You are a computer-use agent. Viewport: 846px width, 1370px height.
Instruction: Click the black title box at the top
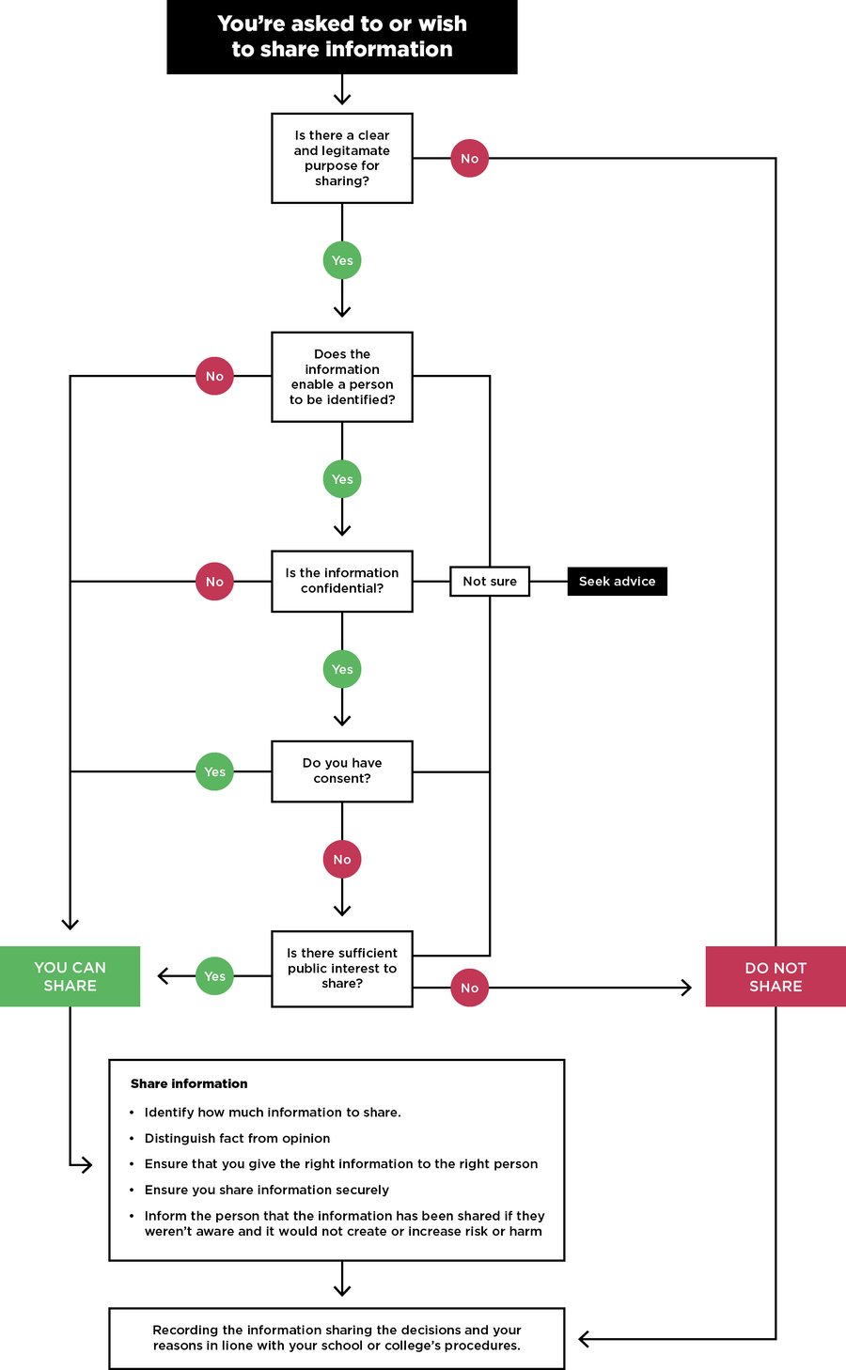[x=342, y=37]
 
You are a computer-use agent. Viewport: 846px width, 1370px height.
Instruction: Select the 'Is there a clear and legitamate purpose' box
[x=342, y=158]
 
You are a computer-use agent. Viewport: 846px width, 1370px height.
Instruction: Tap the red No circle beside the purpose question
[x=469, y=159]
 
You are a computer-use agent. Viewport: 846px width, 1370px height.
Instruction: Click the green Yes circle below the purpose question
[x=342, y=260]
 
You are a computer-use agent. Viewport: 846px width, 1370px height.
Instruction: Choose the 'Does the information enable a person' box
[x=342, y=377]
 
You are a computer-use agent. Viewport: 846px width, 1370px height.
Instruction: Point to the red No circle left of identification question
[x=214, y=377]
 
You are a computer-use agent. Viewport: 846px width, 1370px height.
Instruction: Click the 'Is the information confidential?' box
[x=342, y=581]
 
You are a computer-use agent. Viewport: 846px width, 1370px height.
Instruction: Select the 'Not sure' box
[x=490, y=582]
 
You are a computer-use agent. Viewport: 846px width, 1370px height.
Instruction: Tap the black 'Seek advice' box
[x=617, y=582]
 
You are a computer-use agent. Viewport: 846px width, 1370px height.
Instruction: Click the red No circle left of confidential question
[x=214, y=582]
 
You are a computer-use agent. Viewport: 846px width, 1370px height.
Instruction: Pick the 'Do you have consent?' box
[x=342, y=771]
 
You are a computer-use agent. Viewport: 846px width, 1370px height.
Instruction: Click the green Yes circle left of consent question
[x=214, y=771]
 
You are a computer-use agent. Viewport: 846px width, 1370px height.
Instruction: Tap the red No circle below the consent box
[x=342, y=859]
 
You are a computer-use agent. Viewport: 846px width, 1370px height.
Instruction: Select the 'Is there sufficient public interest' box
[x=342, y=969]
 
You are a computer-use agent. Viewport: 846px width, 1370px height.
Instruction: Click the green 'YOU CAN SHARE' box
[x=70, y=976]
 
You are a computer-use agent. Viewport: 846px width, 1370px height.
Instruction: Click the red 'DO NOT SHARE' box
[x=775, y=976]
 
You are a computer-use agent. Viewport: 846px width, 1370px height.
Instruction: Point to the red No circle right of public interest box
[x=469, y=988]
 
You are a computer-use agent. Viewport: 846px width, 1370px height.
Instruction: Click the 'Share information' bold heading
[x=189, y=1083]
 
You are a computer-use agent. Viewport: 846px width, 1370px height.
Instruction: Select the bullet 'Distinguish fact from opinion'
[x=237, y=1138]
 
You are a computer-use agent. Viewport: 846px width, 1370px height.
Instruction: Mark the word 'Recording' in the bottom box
[x=185, y=1330]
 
